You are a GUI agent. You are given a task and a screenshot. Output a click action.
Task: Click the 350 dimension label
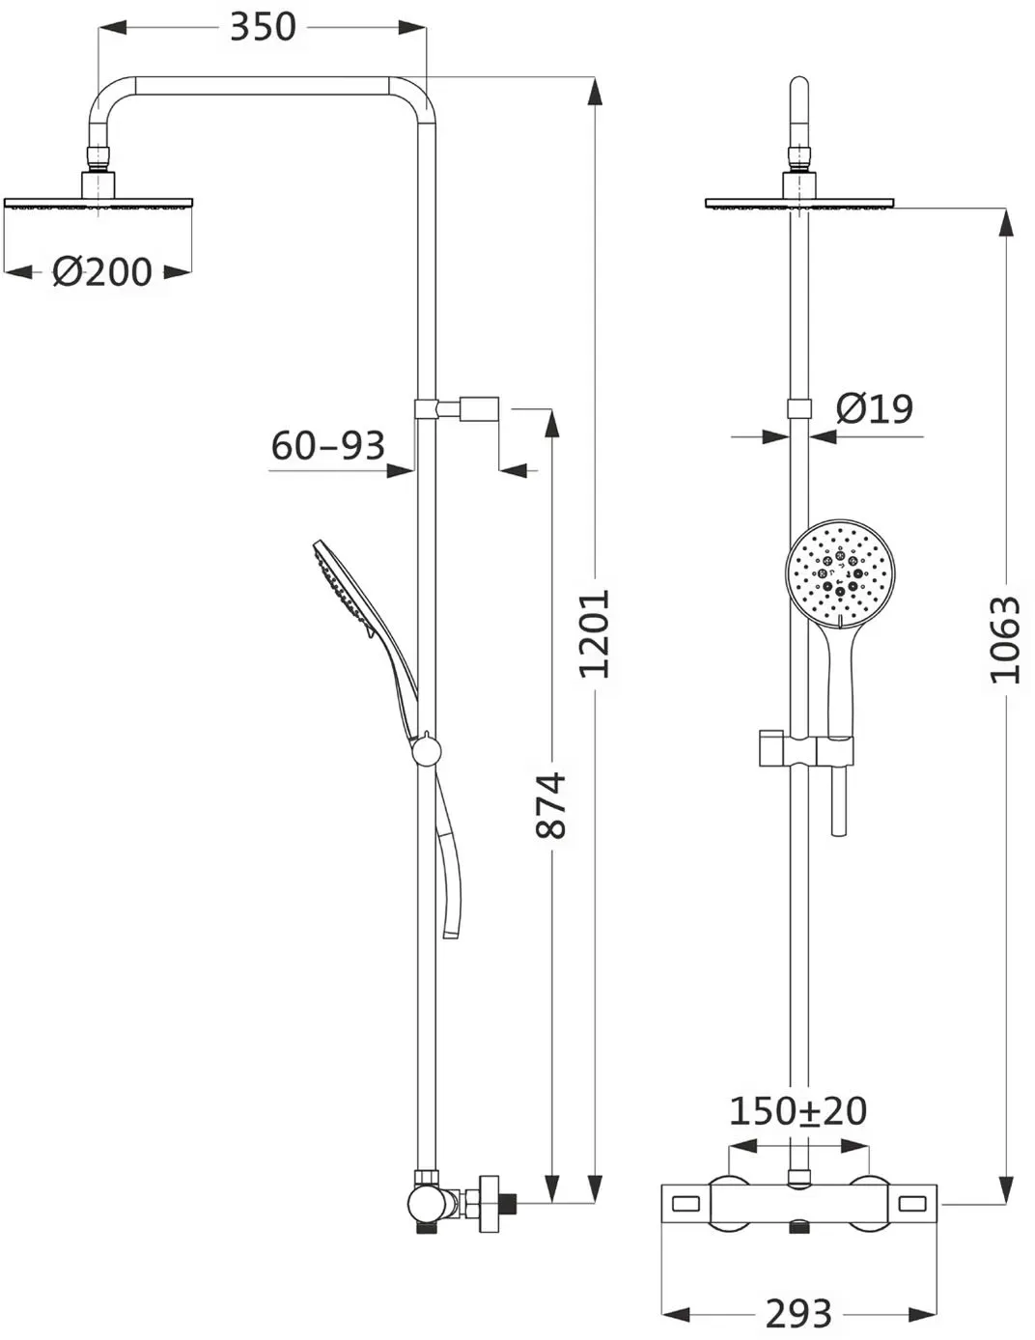pos(263,27)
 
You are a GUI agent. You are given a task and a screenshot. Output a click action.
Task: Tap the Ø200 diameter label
pos(102,271)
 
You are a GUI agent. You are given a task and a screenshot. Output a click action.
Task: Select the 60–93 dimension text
pos(328,446)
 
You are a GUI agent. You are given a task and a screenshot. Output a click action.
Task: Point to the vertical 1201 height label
pos(594,633)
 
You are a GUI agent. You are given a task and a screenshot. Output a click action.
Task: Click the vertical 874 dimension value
pos(550,805)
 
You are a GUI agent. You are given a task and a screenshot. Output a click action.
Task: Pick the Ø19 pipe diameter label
pos(874,408)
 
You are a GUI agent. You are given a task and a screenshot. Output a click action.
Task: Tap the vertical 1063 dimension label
pos(1005,639)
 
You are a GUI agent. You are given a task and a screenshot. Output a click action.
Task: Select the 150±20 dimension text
pos(798,1110)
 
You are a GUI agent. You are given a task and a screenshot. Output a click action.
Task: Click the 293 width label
pos(798,1314)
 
